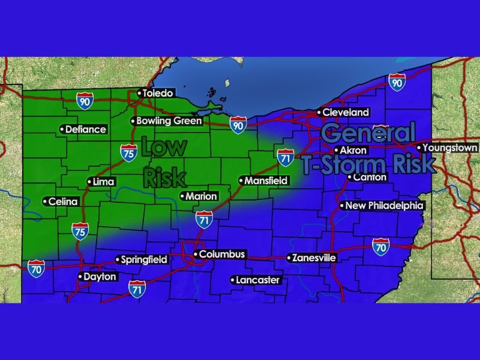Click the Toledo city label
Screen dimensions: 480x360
tap(158, 93)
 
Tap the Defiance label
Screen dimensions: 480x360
tap(86, 129)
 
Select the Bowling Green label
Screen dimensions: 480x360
tap(161, 121)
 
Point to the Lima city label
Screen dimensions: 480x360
tap(103, 182)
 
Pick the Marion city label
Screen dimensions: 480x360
tap(201, 196)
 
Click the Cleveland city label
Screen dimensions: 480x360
tap(346, 112)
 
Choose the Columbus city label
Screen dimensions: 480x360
tap(222, 254)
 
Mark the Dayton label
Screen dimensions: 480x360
tap(100, 277)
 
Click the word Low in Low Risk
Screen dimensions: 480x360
tap(164, 148)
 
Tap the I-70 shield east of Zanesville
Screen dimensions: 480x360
tap(380, 245)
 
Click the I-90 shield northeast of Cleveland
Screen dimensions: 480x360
tap(396, 83)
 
